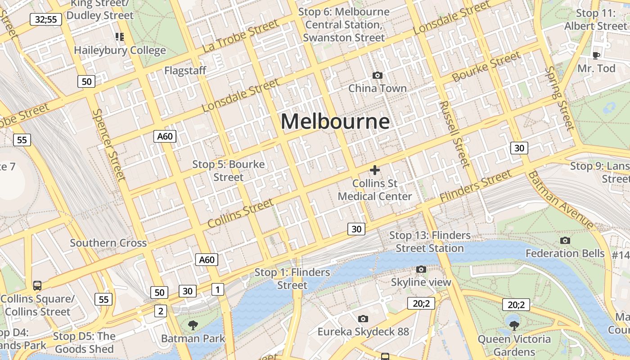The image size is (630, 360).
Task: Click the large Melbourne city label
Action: pyautogui.click(x=335, y=121)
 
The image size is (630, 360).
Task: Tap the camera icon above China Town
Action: pyautogui.click(x=378, y=75)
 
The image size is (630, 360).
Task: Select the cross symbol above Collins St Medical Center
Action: pyautogui.click(x=374, y=170)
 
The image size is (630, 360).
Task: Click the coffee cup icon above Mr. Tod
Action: pyautogui.click(x=596, y=55)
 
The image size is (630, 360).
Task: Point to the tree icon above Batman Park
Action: pyautogui.click(x=193, y=325)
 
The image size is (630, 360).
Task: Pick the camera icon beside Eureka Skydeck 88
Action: pyautogui.click(x=363, y=319)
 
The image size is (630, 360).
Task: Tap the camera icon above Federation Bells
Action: pyautogui.click(x=565, y=241)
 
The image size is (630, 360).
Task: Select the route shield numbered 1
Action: pyautogui.click(x=218, y=289)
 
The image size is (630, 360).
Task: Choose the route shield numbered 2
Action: pyautogui.click(x=161, y=310)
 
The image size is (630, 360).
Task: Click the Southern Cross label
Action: pyautogui.click(x=108, y=243)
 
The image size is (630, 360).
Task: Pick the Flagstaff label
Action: pyautogui.click(x=185, y=71)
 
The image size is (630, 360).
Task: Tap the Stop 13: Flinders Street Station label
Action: pyautogui.click(x=430, y=242)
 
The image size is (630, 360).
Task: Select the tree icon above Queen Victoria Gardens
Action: pyautogui.click(x=514, y=325)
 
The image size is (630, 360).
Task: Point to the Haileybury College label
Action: pyautogui.click(x=120, y=50)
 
